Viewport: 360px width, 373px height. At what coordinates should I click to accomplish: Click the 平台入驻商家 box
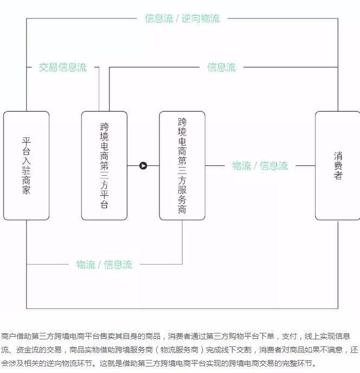click(26, 165)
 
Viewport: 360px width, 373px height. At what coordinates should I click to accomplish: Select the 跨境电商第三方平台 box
click(104, 165)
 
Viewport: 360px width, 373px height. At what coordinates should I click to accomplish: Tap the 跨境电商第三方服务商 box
click(182, 165)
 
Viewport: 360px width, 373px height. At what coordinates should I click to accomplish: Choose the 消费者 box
click(338, 165)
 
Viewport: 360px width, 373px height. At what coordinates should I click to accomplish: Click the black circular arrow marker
click(143, 165)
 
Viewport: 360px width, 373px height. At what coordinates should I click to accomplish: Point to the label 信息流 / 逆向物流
click(182, 18)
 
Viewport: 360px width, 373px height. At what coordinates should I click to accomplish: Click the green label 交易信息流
click(63, 68)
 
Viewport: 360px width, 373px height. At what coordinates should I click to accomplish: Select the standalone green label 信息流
click(221, 68)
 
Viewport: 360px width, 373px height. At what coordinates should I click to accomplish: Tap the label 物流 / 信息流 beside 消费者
click(260, 166)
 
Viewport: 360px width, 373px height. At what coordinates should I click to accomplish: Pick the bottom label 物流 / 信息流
click(104, 265)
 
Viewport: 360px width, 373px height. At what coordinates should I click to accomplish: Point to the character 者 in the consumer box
click(338, 176)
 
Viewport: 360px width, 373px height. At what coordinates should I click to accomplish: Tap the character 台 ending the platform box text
click(104, 204)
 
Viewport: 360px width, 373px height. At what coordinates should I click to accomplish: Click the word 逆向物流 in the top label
click(201, 18)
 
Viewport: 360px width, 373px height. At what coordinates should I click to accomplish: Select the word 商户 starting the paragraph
click(8, 336)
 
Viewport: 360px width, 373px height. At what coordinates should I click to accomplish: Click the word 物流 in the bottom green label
click(86, 265)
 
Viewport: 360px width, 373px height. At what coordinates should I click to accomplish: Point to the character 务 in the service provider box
click(182, 200)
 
